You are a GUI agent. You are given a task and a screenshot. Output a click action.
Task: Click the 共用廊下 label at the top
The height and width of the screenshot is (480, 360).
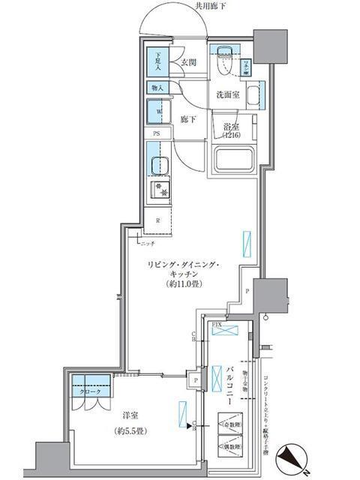click(211, 6)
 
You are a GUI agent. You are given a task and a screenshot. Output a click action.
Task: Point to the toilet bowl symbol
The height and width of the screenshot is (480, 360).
click(223, 64)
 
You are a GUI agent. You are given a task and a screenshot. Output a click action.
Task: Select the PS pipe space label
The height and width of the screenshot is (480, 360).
click(157, 133)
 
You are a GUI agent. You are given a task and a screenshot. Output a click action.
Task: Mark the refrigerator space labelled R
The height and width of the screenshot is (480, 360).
click(157, 220)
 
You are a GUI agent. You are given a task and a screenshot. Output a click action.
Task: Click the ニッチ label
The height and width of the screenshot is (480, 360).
click(147, 242)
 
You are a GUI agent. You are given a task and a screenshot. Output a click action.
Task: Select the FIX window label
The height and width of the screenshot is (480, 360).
click(217, 323)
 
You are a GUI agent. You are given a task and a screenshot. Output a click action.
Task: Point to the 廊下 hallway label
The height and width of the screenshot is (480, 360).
click(188, 119)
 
